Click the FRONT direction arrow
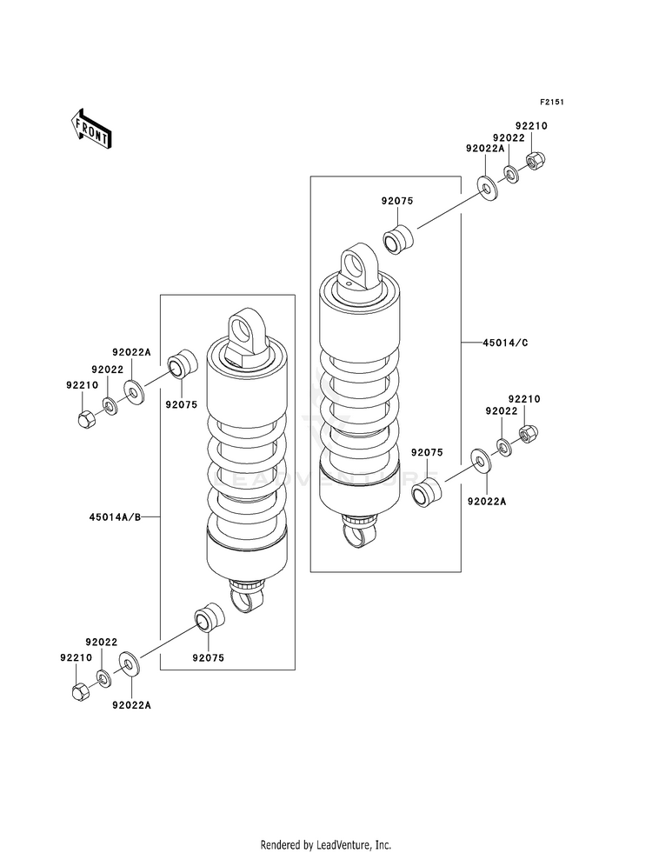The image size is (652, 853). pyautogui.click(x=90, y=128)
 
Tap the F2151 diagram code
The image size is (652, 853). pyautogui.click(x=552, y=102)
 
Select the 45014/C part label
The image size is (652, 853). pyautogui.click(x=505, y=343)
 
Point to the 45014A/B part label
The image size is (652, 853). pyautogui.click(x=116, y=516)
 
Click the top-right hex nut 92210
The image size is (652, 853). pyautogui.click(x=536, y=159)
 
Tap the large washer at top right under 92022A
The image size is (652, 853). pyautogui.click(x=487, y=188)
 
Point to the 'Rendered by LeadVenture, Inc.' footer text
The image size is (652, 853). pyautogui.click(x=326, y=844)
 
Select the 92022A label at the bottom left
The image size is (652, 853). pyautogui.click(x=131, y=705)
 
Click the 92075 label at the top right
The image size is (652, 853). pyautogui.click(x=397, y=201)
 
